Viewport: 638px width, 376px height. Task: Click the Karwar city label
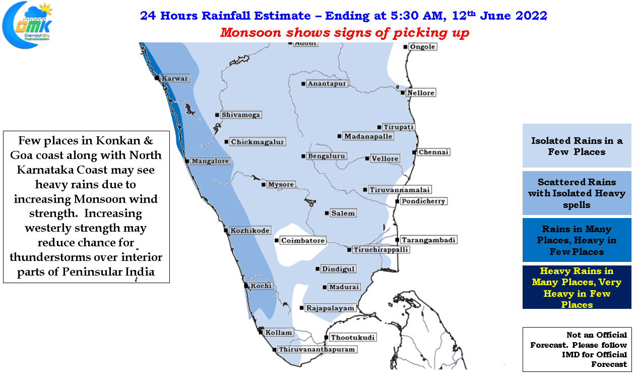[x=175, y=78]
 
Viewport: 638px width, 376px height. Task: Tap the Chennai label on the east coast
[x=433, y=152]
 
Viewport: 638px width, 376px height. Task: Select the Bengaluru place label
[x=327, y=156]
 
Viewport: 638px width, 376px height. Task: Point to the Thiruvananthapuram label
[x=317, y=349]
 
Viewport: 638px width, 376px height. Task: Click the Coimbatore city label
[x=303, y=241]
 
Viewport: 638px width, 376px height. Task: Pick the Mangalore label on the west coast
[x=210, y=161]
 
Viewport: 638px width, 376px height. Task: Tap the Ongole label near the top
[x=422, y=47]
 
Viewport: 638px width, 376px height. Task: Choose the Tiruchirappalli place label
[x=381, y=250]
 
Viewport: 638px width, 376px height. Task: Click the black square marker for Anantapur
[x=303, y=84]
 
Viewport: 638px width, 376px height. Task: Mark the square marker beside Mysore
[x=264, y=185]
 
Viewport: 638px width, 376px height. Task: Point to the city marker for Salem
[x=327, y=213]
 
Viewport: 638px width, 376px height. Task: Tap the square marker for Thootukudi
[x=327, y=338]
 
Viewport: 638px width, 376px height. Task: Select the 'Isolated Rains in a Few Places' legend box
[x=577, y=145]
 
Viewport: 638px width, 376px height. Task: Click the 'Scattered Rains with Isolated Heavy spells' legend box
[x=577, y=193]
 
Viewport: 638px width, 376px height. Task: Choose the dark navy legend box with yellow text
[x=577, y=287]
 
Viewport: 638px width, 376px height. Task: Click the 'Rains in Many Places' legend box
[x=577, y=240]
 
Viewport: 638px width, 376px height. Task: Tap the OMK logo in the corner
[x=27, y=25]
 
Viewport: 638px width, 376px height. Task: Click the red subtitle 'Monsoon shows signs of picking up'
[x=345, y=32]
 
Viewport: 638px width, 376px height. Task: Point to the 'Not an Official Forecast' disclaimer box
[x=577, y=349]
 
